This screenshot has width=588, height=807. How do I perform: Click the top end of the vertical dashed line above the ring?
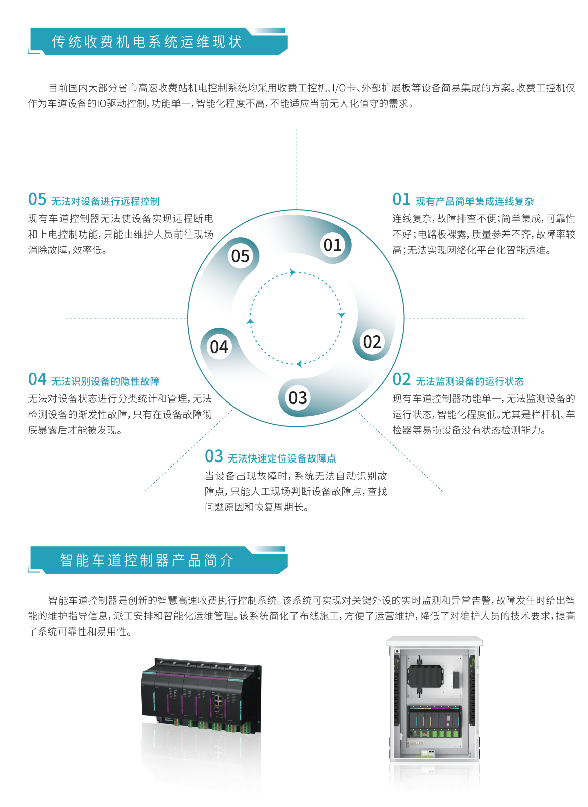296,129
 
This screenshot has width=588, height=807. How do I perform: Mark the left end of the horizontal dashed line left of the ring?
67,318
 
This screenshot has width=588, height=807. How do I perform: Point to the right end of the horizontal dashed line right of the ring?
524,318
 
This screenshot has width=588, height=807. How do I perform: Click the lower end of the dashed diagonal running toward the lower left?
144,491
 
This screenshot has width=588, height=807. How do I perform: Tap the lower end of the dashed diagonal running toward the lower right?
443,491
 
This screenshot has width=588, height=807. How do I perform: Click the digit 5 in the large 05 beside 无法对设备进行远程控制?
42,199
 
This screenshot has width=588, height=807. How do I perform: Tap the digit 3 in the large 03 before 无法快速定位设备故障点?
219,456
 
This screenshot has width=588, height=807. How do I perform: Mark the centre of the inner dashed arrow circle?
296,318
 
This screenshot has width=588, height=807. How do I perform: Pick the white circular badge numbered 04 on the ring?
219,347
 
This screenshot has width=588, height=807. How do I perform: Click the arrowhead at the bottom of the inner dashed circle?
299,364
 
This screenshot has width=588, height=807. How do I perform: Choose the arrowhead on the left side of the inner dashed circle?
250,321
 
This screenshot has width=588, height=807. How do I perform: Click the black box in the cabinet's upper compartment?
425,676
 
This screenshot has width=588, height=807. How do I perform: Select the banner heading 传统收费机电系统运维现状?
147,42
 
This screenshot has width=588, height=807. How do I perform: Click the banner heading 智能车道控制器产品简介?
147,560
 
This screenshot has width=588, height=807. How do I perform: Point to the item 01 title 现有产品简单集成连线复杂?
475,201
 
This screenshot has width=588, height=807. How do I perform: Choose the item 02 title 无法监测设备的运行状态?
470,381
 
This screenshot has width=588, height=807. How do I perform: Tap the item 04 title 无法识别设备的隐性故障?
105,381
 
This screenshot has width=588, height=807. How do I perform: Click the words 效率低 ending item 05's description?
88,250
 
